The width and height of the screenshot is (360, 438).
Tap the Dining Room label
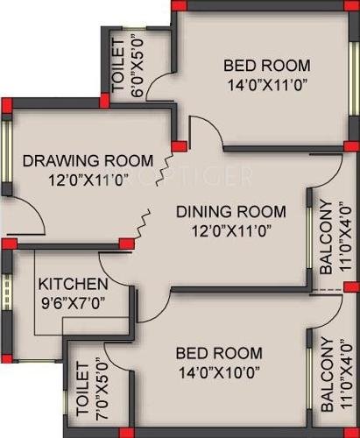(x=231, y=211)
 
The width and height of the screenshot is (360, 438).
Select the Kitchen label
(x=74, y=285)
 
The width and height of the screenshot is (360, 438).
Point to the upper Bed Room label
(x=267, y=65)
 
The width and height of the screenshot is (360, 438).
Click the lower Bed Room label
(x=218, y=353)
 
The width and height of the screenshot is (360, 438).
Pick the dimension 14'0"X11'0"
(x=267, y=85)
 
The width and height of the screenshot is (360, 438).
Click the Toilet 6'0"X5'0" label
(x=118, y=64)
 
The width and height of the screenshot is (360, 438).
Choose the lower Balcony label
(x=325, y=374)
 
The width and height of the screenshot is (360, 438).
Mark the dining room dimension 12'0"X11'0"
(x=231, y=231)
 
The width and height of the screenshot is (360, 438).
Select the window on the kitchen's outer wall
(x=6, y=297)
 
